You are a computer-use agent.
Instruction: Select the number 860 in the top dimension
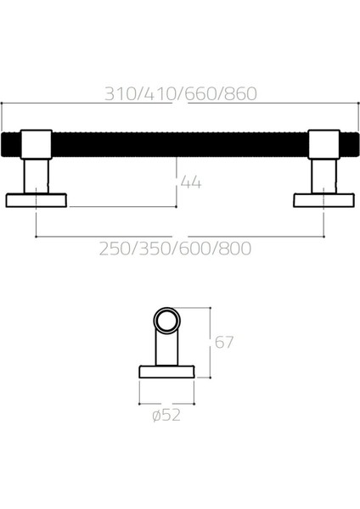(x=238, y=94)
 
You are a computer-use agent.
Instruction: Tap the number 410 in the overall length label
(x=160, y=94)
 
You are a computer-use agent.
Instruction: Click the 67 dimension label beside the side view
(x=223, y=344)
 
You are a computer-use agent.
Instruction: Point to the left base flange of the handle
(x=36, y=200)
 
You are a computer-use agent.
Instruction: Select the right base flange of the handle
(x=323, y=200)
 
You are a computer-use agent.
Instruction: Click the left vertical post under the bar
(x=36, y=176)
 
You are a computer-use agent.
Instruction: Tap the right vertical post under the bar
(x=323, y=176)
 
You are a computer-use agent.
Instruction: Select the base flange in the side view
(x=167, y=372)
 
